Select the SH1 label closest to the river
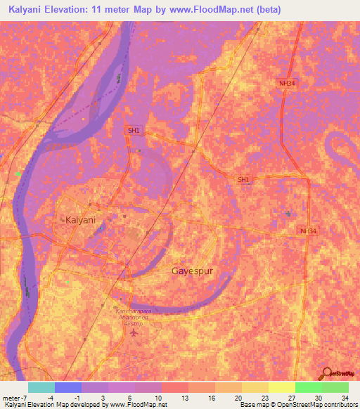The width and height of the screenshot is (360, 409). [134, 130]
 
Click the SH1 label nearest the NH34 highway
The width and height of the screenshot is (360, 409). [243, 180]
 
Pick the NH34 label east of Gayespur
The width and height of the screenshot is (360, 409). [307, 231]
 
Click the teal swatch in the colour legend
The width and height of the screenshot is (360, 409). [41, 387]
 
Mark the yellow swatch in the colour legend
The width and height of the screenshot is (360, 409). [255, 387]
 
